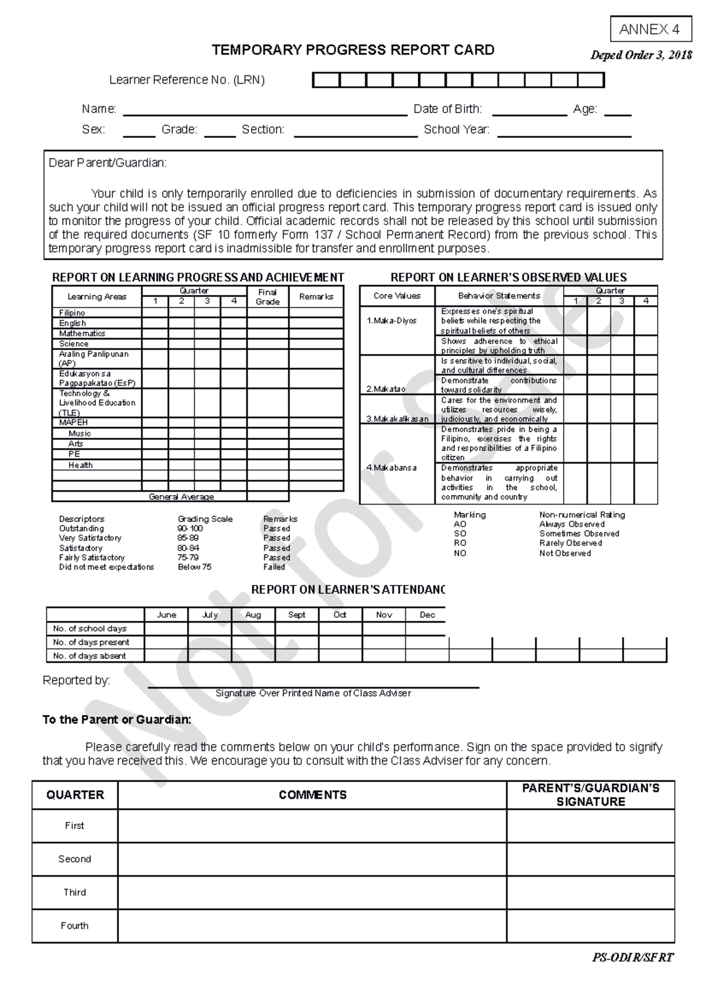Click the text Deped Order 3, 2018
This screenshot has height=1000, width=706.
point(641,55)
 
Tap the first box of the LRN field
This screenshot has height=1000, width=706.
point(326,80)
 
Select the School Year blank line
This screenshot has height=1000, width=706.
point(564,131)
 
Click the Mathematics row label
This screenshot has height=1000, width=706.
point(82,333)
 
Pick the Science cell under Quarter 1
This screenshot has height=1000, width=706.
point(155,343)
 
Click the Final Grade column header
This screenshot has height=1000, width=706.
point(268,297)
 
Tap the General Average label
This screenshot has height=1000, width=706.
point(181,496)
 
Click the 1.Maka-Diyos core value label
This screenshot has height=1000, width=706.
point(391,321)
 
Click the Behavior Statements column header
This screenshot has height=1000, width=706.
point(499,296)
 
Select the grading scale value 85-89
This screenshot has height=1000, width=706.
point(188,538)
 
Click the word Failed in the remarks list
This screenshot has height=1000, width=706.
point(274,567)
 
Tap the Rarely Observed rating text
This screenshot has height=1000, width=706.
point(570,543)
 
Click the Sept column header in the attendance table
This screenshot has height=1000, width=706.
point(297,615)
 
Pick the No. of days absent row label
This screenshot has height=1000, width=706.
point(89,655)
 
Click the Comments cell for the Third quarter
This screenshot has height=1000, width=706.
point(312,892)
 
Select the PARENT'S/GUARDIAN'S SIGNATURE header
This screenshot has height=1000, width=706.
point(591,795)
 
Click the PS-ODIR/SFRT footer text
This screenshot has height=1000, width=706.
point(632,958)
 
